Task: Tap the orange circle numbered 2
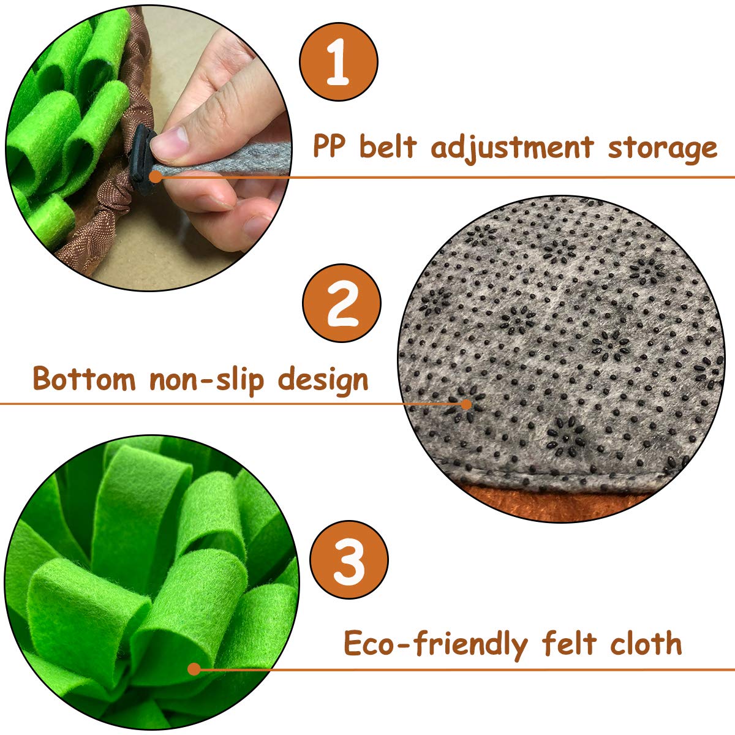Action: pos(342,303)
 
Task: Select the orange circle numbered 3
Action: pos(349,560)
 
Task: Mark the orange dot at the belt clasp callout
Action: pos(156,176)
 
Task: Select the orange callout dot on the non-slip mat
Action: pos(467,404)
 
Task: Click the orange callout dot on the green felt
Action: pos(194,669)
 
